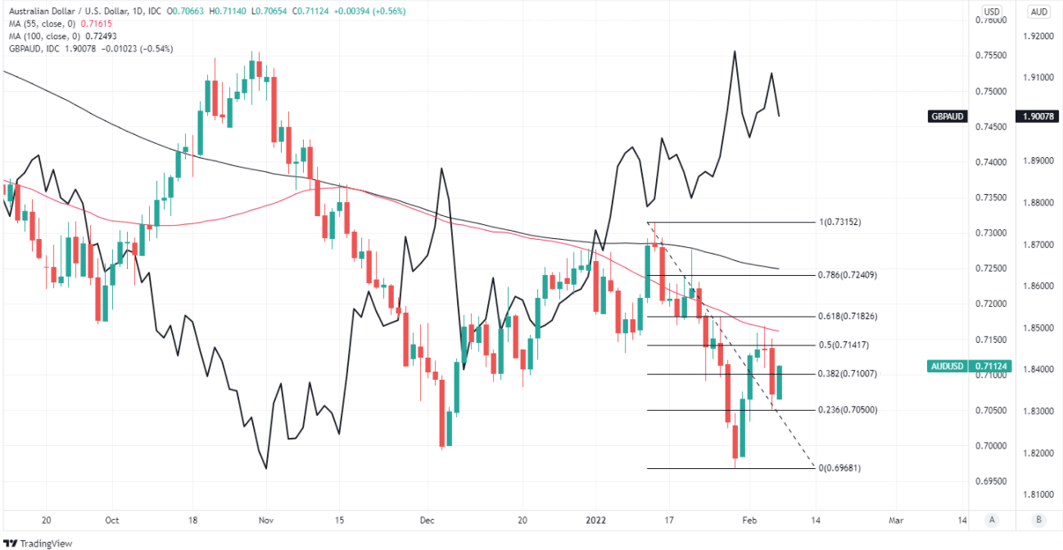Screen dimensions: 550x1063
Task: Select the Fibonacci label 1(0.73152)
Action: (x=839, y=223)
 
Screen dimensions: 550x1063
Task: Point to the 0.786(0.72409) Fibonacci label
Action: (x=848, y=275)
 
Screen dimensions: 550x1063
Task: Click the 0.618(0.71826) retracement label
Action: (x=848, y=316)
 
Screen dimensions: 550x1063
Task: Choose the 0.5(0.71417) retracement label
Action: (x=844, y=345)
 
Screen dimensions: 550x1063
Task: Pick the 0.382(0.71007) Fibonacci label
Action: (x=848, y=373)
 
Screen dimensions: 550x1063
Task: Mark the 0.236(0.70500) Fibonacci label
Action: (x=848, y=409)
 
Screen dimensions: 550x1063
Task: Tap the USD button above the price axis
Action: (x=992, y=11)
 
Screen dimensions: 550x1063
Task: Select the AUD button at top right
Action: (x=1038, y=11)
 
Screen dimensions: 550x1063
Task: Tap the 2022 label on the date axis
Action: (x=598, y=520)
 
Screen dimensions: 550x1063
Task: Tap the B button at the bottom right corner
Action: (x=1038, y=520)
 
